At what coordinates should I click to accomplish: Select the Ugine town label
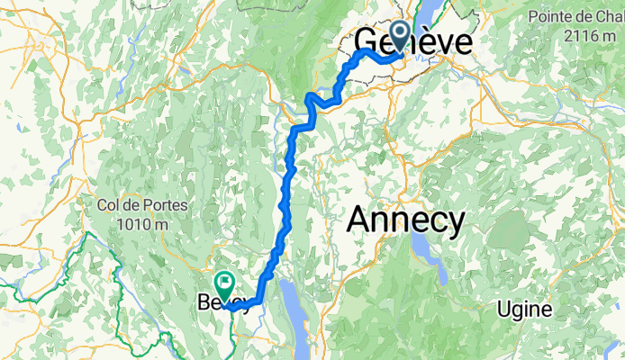(x=526, y=309)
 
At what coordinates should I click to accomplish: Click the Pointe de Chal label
(x=576, y=17)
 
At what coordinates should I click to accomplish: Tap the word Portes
(x=167, y=205)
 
